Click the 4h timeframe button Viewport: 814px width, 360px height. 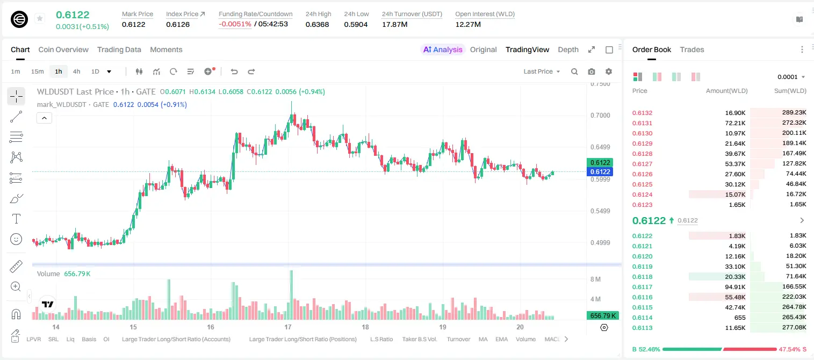click(x=76, y=71)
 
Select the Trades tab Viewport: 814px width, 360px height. click(x=692, y=49)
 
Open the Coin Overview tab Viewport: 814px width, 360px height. click(x=63, y=49)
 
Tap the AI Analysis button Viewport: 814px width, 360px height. click(x=443, y=49)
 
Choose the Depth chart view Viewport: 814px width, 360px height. click(x=568, y=49)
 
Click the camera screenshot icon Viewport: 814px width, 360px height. click(x=592, y=71)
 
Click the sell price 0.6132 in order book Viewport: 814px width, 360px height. click(x=642, y=113)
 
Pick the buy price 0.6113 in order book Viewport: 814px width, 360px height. click(x=642, y=328)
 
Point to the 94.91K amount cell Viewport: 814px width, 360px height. click(x=735, y=287)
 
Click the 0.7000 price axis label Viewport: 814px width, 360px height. click(x=600, y=116)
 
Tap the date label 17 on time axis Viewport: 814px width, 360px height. click(x=288, y=327)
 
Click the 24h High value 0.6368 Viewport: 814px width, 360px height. click(x=317, y=24)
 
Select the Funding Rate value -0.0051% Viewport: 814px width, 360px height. click(x=235, y=24)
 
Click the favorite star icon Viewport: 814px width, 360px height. click(x=40, y=18)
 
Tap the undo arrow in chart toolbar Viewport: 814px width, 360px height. click(x=234, y=71)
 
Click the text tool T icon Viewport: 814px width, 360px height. click(x=16, y=219)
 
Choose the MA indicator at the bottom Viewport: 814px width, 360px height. click(x=483, y=339)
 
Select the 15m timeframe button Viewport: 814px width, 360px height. click(x=38, y=71)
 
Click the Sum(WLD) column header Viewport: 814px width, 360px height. click(x=790, y=91)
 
